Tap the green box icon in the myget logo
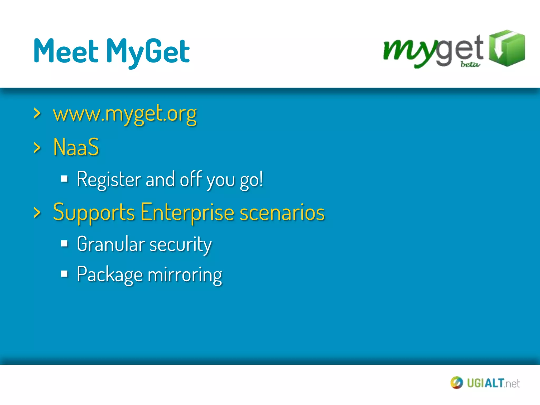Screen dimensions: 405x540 (507, 48)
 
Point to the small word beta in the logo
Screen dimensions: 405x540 (470, 64)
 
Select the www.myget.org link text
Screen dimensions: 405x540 (125, 114)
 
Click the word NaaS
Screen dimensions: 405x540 (76, 147)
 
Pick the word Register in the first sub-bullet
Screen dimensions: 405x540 (109, 180)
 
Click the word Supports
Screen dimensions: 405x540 (94, 213)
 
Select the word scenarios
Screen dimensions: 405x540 (282, 213)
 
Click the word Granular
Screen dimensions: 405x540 (111, 244)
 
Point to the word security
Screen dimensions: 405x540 (181, 245)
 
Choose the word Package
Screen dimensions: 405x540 (110, 275)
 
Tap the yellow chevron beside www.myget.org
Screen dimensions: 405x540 (37, 114)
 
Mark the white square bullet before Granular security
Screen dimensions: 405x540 (64, 243)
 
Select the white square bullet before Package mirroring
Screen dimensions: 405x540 (64, 274)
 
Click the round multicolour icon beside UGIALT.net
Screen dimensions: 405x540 (456, 383)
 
